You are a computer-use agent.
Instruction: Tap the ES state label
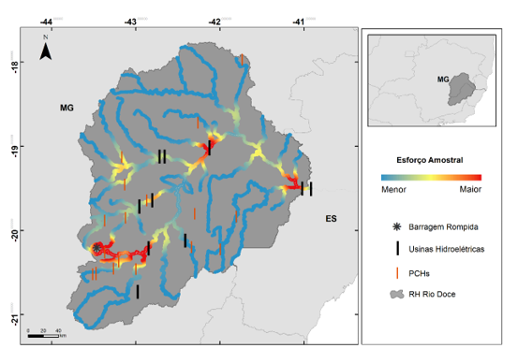pyautogui.click(x=330, y=220)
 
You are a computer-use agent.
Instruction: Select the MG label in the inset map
pyautogui.click(x=442, y=80)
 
